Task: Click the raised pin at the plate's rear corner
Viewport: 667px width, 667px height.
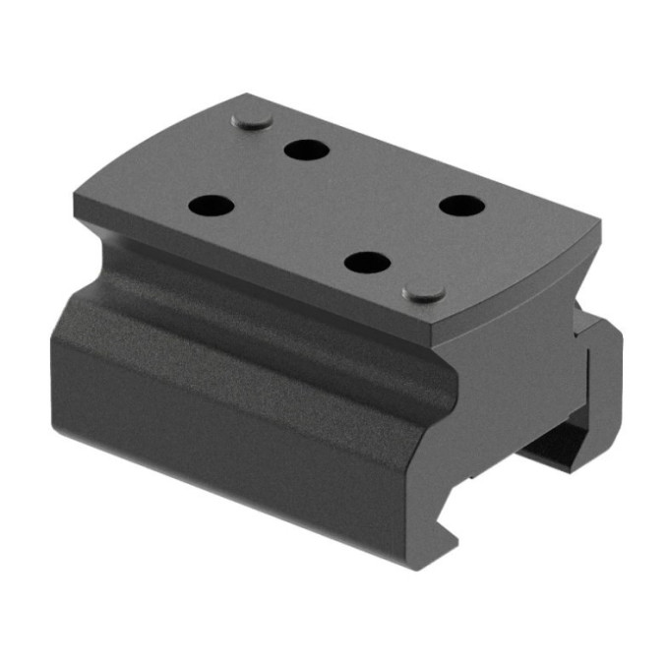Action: (253, 120)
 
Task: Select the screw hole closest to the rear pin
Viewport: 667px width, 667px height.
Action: (306, 150)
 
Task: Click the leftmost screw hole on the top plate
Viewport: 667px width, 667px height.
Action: (211, 207)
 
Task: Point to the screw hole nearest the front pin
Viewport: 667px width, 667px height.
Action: (369, 263)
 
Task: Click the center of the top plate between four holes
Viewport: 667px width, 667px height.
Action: (334, 207)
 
